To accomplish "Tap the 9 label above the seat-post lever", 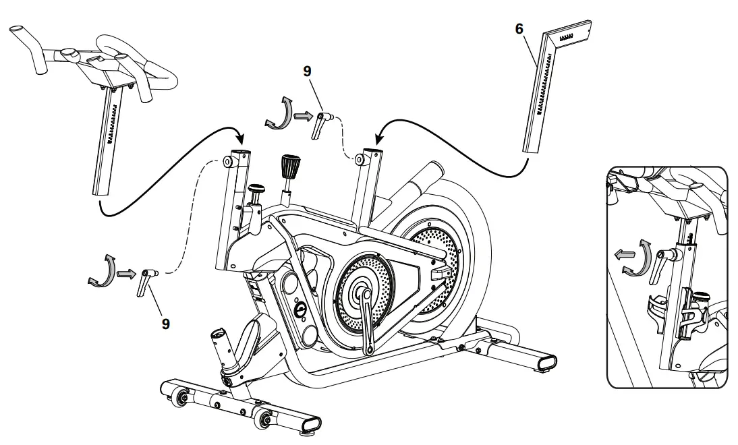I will [308, 70].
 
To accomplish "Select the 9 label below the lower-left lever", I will [165, 323].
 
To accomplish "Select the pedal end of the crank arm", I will [370, 349].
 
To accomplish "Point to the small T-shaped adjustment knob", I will [258, 193].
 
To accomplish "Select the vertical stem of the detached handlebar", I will [107, 142].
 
